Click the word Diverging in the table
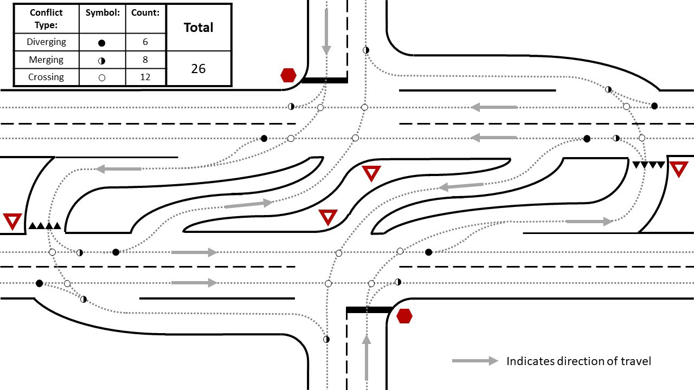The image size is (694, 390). pyautogui.click(x=46, y=42)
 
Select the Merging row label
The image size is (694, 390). pyautogui.click(x=46, y=60)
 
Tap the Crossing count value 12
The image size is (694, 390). pyautogui.click(x=145, y=77)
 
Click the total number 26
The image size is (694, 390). pyautogui.click(x=198, y=69)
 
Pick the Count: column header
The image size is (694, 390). pyautogui.click(x=145, y=12)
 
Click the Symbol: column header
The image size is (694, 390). pyautogui.click(x=102, y=12)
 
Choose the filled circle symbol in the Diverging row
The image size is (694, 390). pyautogui.click(x=102, y=42)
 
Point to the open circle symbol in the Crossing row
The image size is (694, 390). pyautogui.click(x=102, y=77)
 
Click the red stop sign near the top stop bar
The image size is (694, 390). pyautogui.click(x=288, y=75)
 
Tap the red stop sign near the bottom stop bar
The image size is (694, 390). pyautogui.click(x=404, y=316)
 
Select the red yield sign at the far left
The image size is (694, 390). pyautogui.click(x=12, y=222)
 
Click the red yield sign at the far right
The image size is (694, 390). pyautogui.click(x=679, y=170)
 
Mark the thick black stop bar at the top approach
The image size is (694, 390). pyautogui.click(x=324, y=80)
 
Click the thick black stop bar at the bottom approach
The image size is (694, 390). pyautogui.click(x=369, y=310)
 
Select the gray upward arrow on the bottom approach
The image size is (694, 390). pyautogui.click(x=367, y=357)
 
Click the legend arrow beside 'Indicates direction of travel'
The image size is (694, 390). pyautogui.click(x=475, y=361)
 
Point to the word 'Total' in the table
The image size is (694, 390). pyautogui.click(x=198, y=28)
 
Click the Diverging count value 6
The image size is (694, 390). pyautogui.click(x=145, y=42)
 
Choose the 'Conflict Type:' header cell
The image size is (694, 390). pyautogui.click(x=46, y=18)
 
